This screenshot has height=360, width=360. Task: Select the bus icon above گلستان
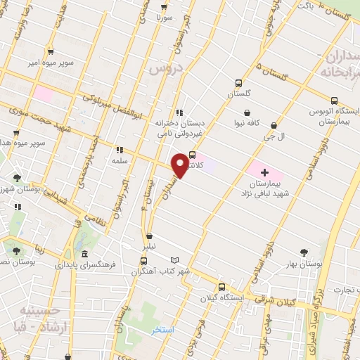(238, 82)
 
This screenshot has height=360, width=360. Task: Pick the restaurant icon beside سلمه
(120, 149)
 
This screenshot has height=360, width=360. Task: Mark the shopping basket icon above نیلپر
(148, 236)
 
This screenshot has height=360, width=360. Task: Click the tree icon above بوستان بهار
(304, 251)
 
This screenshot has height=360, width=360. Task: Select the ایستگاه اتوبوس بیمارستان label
(334, 117)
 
